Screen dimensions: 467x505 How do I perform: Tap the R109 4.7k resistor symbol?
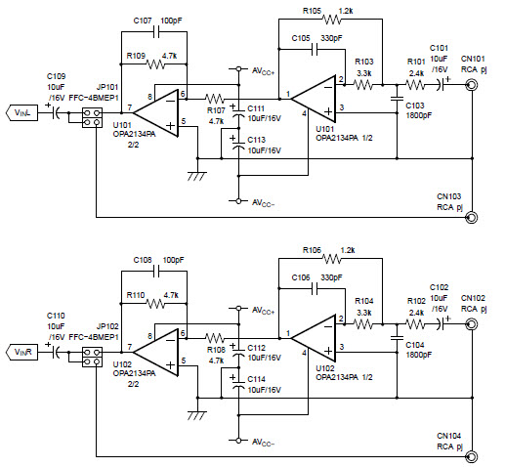coord(156,64)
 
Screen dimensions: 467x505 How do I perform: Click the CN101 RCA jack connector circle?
coord(473,85)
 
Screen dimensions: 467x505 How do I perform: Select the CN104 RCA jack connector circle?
coord(473,455)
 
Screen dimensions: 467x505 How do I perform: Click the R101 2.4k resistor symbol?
coord(417,86)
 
